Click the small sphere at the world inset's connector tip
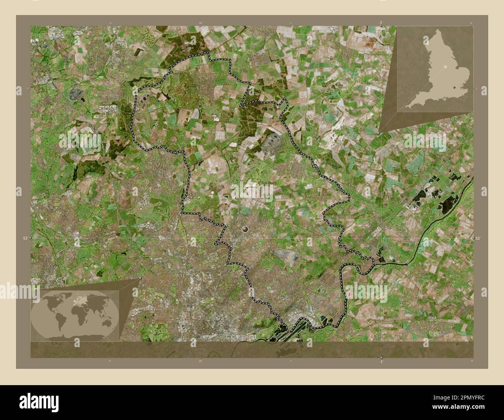coord(140,278)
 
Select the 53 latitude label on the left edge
coord(25,238)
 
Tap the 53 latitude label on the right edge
coord(478,238)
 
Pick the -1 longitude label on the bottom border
coord(381,361)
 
